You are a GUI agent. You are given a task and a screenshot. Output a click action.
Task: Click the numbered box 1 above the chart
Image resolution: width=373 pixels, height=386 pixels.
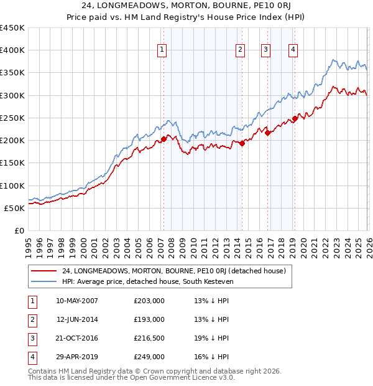click(x=162, y=50)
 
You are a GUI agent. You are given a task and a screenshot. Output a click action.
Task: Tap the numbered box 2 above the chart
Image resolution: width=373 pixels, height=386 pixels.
click(x=240, y=50)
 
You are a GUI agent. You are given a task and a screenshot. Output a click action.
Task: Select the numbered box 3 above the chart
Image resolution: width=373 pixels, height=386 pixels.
click(x=266, y=50)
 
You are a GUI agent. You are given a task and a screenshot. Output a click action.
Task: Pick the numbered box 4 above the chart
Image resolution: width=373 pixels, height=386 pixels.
click(x=293, y=50)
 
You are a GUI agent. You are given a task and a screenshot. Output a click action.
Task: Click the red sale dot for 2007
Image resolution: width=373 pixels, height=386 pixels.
click(x=163, y=139)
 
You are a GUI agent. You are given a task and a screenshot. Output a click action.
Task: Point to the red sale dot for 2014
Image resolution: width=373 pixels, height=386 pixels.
click(x=241, y=143)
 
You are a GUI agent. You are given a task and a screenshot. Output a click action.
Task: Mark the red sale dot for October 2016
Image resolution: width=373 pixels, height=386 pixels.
click(x=267, y=133)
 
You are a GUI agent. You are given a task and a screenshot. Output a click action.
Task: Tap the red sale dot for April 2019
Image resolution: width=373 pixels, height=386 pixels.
click(x=295, y=118)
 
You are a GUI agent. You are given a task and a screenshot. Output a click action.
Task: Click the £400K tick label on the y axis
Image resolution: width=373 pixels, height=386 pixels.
click(x=12, y=50)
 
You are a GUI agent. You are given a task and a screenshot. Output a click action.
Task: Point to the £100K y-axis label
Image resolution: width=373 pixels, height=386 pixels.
click(x=12, y=186)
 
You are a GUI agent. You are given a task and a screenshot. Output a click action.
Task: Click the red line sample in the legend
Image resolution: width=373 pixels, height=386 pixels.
click(x=44, y=271)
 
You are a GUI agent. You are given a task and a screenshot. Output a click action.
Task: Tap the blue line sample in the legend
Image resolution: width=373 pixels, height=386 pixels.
click(x=44, y=283)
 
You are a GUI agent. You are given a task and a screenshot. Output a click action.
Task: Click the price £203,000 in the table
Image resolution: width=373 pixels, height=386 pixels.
click(x=149, y=301)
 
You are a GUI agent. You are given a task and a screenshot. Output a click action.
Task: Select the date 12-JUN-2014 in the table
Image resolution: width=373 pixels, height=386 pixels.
click(x=77, y=319)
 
